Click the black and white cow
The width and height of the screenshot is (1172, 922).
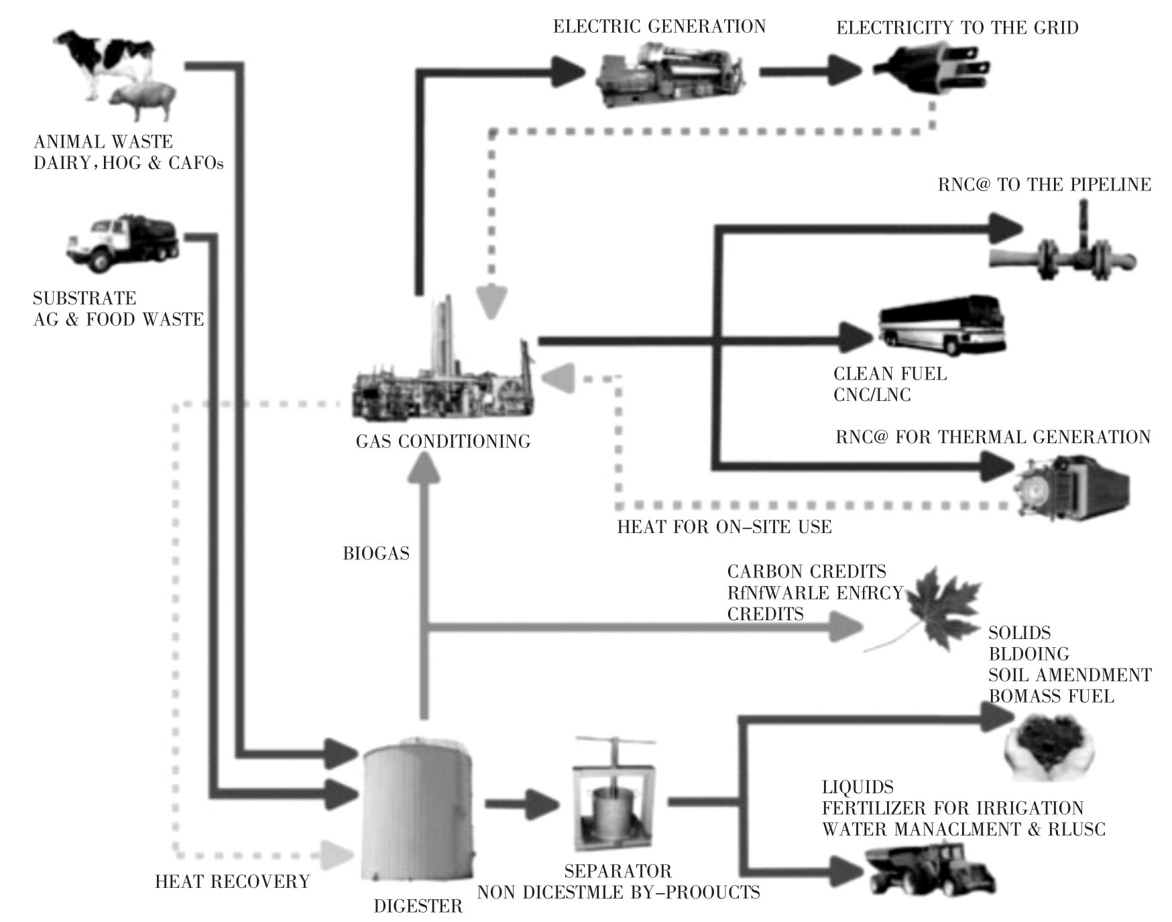107,57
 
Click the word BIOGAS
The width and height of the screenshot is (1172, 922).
376,554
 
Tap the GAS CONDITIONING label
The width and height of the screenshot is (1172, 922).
443,442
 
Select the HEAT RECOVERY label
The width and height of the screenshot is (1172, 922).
233,882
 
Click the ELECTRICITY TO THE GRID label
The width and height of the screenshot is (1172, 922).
957,28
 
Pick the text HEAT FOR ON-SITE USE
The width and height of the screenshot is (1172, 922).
724,527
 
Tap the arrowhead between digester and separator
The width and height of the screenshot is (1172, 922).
542,804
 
